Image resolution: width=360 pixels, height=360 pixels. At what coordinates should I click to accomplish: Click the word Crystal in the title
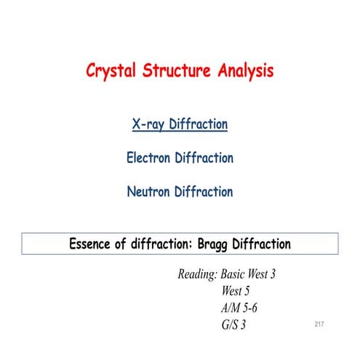(x=111, y=72)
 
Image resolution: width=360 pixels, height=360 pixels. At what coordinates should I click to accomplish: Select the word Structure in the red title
(x=175, y=72)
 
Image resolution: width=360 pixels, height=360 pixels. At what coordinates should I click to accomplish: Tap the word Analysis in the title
(x=243, y=72)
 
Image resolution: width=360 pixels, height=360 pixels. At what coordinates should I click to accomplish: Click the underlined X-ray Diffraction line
(x=180, y=124)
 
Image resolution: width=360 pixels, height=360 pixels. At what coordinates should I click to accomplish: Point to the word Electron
(x=150, y=158)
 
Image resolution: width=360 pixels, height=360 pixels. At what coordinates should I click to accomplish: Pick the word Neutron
(x=149, y=192)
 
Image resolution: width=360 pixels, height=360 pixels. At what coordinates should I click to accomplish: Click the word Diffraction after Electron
(x=206, y=158)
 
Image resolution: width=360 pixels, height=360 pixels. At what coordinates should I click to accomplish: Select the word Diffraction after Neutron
(x=205, y=192)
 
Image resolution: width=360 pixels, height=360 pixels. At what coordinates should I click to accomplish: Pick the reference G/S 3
(x=233, y=324)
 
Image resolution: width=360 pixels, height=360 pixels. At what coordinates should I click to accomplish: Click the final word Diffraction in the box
(x=266, y=244)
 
